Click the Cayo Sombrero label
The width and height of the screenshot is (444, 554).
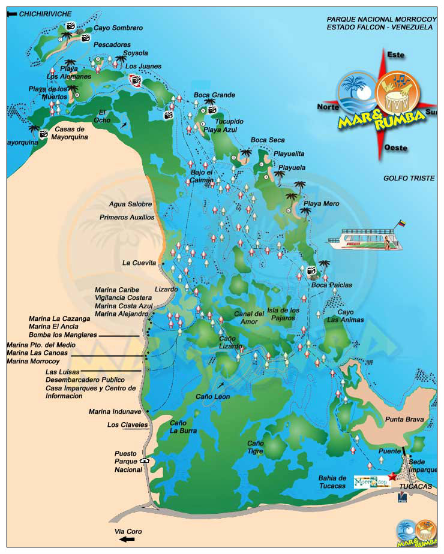pyautogui.click(x=118, y=28)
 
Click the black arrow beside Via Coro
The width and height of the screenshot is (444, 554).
pyautogui.click(x=127, y=539)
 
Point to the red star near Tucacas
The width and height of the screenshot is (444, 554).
pyautogui.click(x=392, y=476)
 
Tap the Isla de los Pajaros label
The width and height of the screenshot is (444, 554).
pyautogui.click(x=283, y=314)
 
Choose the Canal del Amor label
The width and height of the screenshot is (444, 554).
pyautogui.click(x=249, y=318)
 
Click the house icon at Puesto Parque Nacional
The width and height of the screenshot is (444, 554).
pyautogui.click(x=143, y=461)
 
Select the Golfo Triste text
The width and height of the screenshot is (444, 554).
pyautogui.click(x=409, y=179)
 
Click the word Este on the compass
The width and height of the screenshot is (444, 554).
pyautogui.click(x=396, y=55)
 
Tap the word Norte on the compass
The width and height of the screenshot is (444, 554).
pyautogui.click(x=328, y=107)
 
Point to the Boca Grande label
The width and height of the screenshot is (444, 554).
pyautogui.click(x=214, y=95)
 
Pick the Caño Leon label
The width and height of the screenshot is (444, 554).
pyautogui.click(x=213, y=396)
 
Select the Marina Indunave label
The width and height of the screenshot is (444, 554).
pyautogui.click(x=115, y=411)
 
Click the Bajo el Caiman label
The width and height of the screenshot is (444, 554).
pyautogui.click(x=202, y=176)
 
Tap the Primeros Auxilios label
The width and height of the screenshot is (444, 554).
pyautogui.click(x=127, y=217)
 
